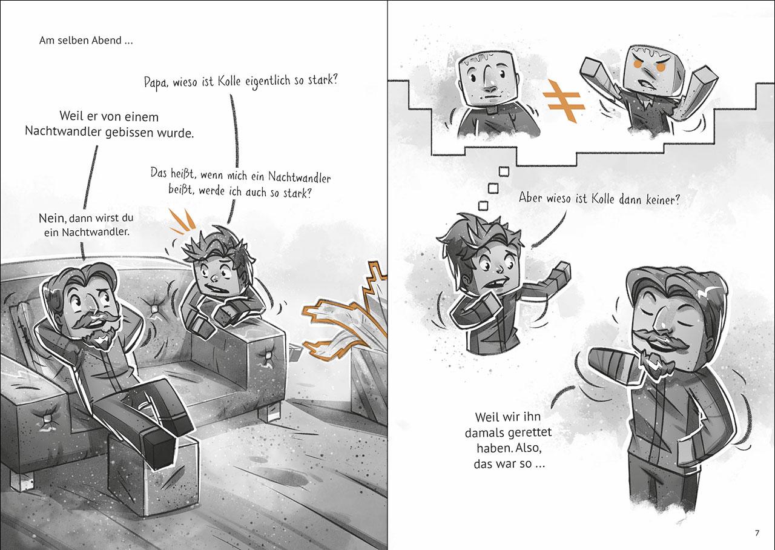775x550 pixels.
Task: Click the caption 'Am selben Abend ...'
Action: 86,41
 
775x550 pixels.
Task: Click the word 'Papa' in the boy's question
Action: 154,84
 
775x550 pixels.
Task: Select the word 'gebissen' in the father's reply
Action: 130,132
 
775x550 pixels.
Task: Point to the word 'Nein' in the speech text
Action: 52,218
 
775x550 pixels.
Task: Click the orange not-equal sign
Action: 564,102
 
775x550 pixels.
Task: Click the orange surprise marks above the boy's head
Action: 182,221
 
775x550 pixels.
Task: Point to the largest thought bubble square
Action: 504,171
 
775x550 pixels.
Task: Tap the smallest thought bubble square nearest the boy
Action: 483,206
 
